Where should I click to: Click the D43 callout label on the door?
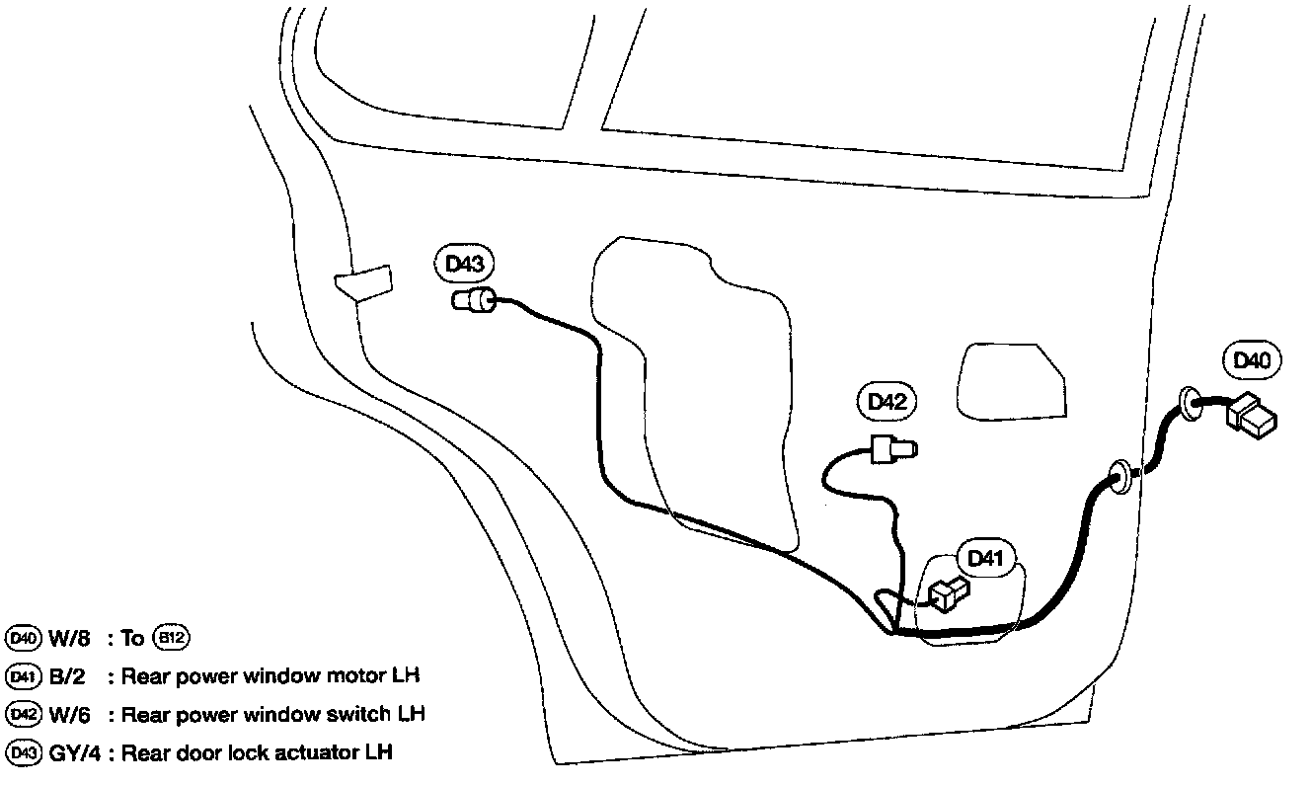coord(464,265)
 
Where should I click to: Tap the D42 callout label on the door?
coord(886,402)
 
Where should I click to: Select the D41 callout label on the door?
coord(985,559)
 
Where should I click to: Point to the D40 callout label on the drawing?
coord(1252,361)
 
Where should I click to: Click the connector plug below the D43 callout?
coord(475,300)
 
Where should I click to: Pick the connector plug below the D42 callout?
coord(892,449)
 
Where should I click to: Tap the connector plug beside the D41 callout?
coord(949,592)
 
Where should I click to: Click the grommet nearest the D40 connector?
coord(1191,405)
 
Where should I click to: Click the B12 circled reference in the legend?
coord(171,638)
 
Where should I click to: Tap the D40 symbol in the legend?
coord(21,638)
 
